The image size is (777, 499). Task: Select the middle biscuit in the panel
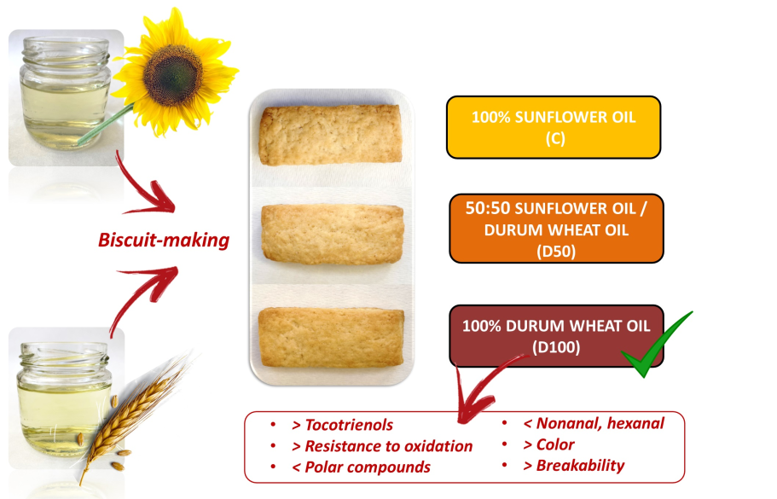pos(331,235)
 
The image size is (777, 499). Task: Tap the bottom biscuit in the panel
pos(331,338)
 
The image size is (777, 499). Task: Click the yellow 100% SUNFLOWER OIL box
pos(553,127)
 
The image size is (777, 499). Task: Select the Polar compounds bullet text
pos(369,467)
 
